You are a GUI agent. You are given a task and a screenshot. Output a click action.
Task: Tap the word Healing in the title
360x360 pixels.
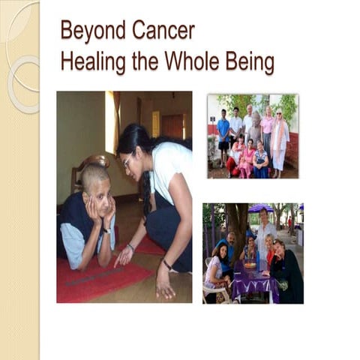pyautogui.click(x=91, y=61)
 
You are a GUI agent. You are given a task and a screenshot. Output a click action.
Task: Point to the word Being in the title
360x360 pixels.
pyautogui.click(x=252, y=61)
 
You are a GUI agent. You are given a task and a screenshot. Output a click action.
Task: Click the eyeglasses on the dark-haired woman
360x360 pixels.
pyautogui.click(x=127, y=160)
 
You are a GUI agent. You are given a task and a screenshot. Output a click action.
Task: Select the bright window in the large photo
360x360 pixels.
pyautogui.click(x=112, y=120)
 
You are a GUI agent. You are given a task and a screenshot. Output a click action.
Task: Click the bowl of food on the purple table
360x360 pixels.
pyautogui.click(x=249, y=264)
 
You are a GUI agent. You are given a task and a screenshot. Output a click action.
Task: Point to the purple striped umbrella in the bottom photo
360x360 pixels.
pyautogui.click(x=260, y=208)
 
